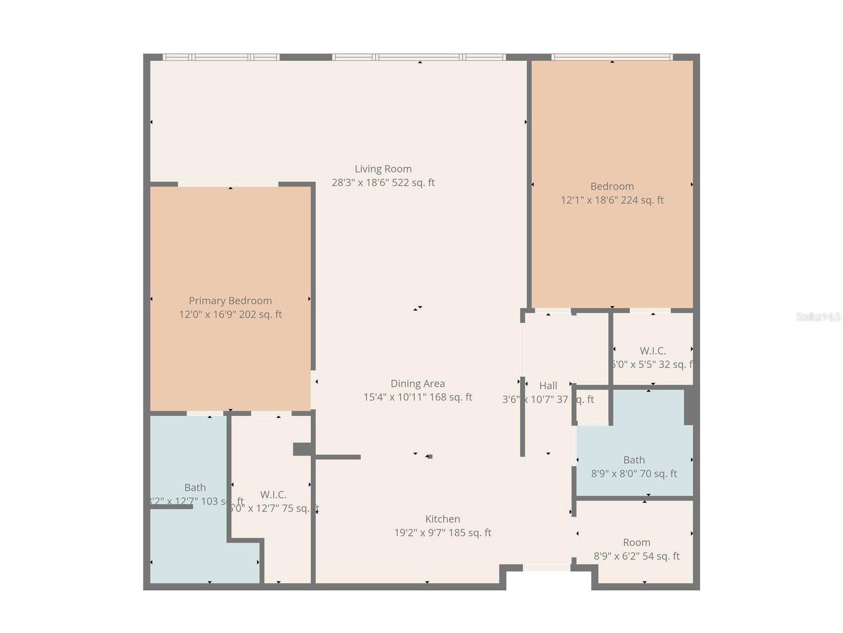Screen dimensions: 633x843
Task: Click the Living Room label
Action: (x=383, y=169)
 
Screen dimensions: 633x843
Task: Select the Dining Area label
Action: (x=418, y=383)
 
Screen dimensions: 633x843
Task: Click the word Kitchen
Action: (x=442, y=519)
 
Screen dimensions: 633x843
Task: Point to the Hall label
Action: (x=548, y=385)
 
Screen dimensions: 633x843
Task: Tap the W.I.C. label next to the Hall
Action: (x=653, y=351)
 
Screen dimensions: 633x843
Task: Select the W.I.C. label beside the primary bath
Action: (x=273, y=494)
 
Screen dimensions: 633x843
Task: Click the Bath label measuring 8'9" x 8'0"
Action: (x=634, y=460)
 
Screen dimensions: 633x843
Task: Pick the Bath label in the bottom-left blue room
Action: (x=195, y=487)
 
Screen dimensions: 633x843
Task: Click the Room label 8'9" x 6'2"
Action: (x=636, y=542)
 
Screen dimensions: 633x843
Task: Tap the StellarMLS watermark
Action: (x=818, y=317)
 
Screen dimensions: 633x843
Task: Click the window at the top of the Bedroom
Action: (x=612, y=57)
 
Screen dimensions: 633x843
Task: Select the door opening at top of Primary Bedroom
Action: (x=228, y=184)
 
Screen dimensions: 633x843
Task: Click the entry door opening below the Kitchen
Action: (x=547, y=568)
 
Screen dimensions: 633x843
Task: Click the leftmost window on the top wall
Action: (x=221, y=57)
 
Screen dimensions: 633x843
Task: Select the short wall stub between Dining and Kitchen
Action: (x=338, y=457)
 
